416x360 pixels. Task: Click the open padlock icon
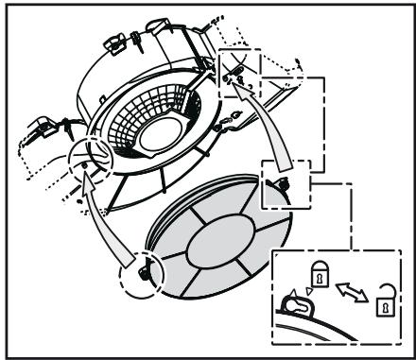(384, 305)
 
